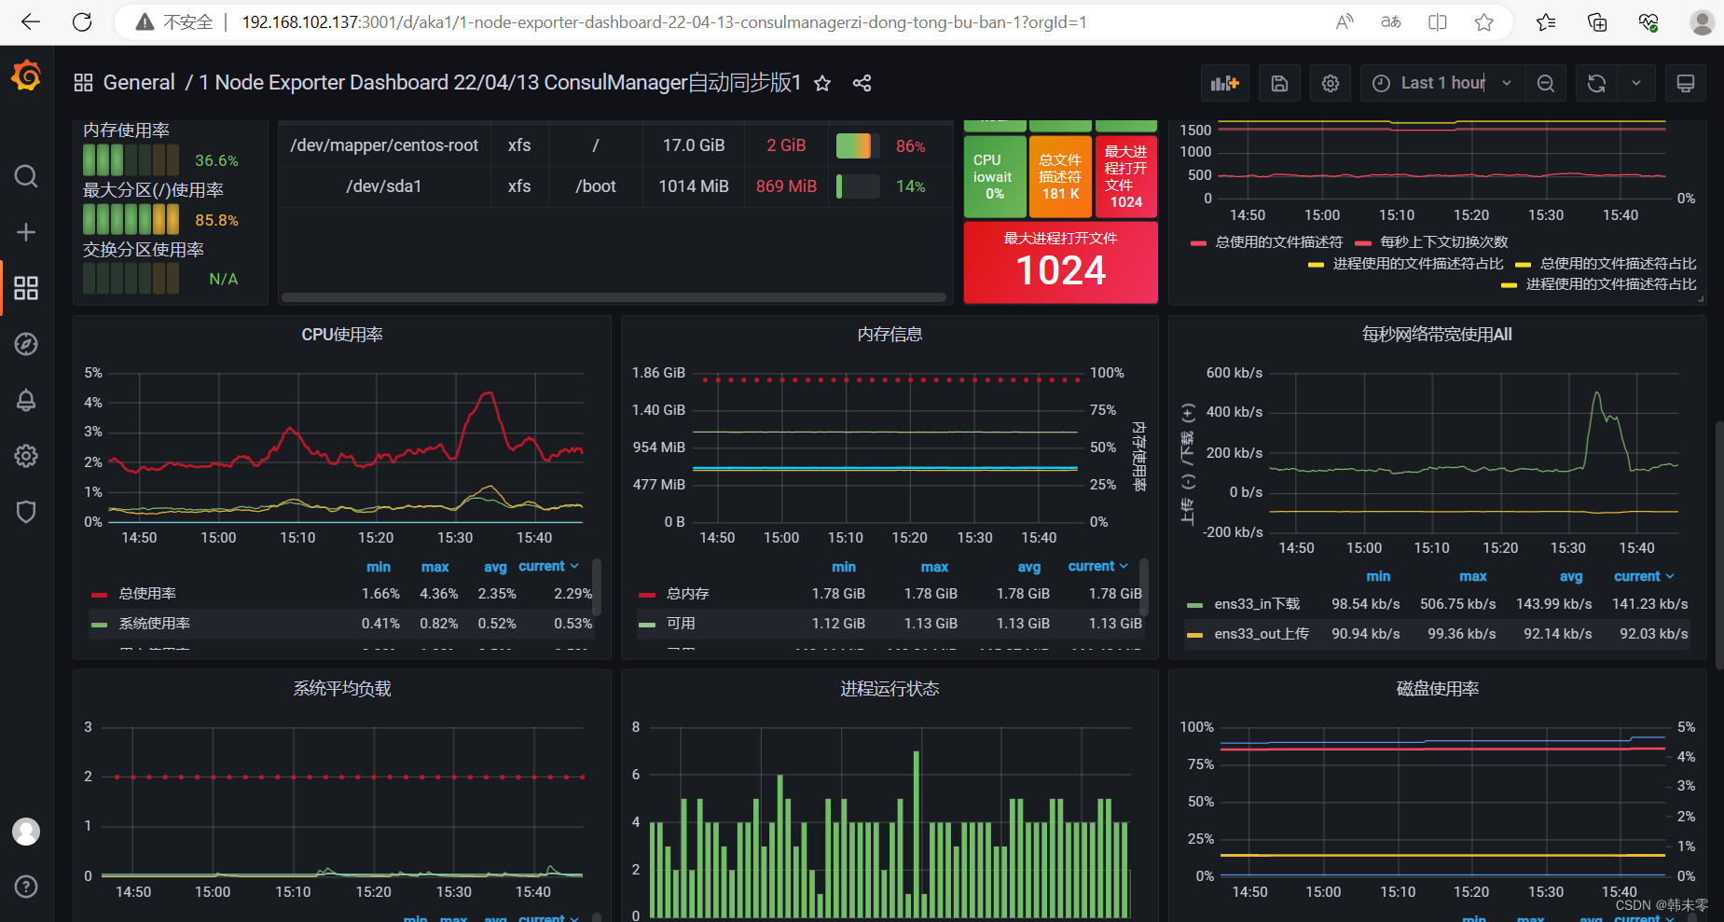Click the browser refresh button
pyautogui.click(x=82, y=22)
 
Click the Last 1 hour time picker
pyautogui.click(x=1441, y=83)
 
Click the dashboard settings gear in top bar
pyautogui.click(x=1331, y=83)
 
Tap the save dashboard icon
pyautogui.click(x=1279, y=83)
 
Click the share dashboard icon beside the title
pyautogui.click(x=862, y=83)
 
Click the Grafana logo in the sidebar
pyautogui.click(x=26, y=76)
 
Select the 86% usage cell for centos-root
pyautogui.click(x=910, y=146)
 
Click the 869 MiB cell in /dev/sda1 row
pyautogui.click(x=786, y=186)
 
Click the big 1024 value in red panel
pyautogui.click(x=1060, y=271)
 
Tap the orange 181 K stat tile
pyautogui.click(x=1060, y=176)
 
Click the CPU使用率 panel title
pyautogui.click(x=341, y=335)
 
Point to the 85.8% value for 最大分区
pyautogui.click(x=216, y=220)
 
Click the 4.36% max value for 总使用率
pyautogui.click(x=438, y=594)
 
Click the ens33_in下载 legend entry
pyautogui.click(x=1256, y=604)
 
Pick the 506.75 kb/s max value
pyautogui.click(x=1457, y=604)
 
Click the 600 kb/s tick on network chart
pyautogui.click(x=1234, y=373)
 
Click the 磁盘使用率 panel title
pyautogui.click(x=1437, y=689)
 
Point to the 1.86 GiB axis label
pyautogui.click(x=658, y=373)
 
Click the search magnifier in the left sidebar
pyautogui.click(x=26, y=176)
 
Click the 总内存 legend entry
pyautogui.click(x=687, y=594)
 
